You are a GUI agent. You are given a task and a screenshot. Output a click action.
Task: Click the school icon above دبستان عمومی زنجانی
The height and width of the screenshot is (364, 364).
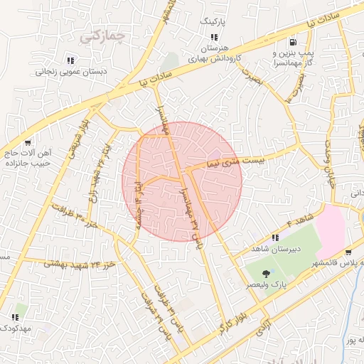[70, 60]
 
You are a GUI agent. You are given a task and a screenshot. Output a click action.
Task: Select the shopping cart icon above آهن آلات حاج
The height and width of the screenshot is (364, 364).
[28, 142]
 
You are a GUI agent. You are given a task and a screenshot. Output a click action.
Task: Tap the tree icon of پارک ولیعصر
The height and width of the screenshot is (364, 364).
[267, 273]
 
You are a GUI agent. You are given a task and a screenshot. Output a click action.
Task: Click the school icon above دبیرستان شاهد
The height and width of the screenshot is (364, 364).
[276, 237]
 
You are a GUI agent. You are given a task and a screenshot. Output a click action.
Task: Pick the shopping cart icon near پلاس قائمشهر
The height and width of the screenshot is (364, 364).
[348, 252]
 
